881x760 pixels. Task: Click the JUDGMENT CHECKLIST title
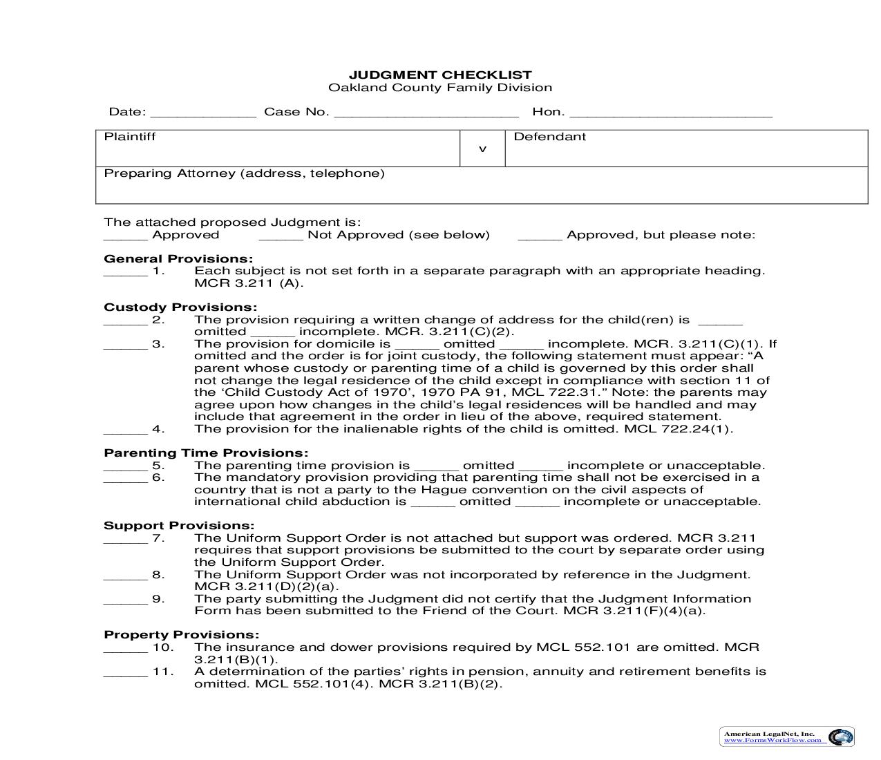tap(439, 75)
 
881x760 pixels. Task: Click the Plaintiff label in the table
tap(130, 137)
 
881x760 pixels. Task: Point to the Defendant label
tap(549, 137)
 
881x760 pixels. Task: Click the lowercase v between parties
tap(482, 149)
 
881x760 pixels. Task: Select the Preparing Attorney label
tap(244, 173)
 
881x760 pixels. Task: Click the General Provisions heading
tap(178, 259)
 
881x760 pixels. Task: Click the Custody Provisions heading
tap(180, 307)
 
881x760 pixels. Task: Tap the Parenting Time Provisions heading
tap(206, 453)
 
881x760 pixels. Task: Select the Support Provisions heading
tap(179, 526)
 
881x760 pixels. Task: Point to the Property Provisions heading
tap(182, 635)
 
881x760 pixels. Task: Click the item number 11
tap(162, 672)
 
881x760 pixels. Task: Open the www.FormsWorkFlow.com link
tap(773, 741)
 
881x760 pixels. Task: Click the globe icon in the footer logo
tap(840, 737)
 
